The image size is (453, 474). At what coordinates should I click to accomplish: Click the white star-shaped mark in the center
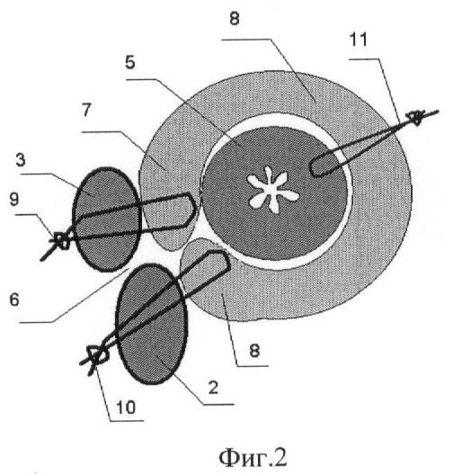coord(272,190)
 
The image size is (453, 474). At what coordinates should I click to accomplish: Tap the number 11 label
coord(358,40)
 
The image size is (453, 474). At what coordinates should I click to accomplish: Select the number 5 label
coord(129,62)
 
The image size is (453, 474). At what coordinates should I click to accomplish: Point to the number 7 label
coord(86,110)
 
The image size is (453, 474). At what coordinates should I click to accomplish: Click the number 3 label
coord(21,160)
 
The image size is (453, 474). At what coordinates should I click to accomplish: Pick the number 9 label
coord(14,199)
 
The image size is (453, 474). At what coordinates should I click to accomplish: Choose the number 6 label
coord(14,300)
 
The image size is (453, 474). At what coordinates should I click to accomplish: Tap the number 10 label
coord(126,407)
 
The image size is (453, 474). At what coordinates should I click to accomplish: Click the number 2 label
coord(213,388)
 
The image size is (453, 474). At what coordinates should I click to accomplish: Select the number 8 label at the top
coord(235,18)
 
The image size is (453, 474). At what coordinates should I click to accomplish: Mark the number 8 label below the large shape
coord(254,351)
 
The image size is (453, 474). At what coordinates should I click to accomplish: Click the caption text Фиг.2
coord(253,458)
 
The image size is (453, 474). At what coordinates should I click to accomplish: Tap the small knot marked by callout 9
coord(63,241)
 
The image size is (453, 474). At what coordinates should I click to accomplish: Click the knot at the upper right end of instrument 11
coord(417,117)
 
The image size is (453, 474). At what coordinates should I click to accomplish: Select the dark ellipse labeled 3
coord(107,219)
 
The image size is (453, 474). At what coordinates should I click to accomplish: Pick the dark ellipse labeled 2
coord(151,324)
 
